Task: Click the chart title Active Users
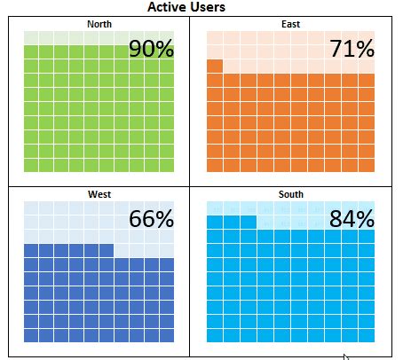(x=186, y=8)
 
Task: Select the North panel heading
(x=99, y=24)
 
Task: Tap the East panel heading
(x=289, y=24)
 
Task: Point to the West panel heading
(x=99, y=194)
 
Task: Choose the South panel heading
(x=289, y=194)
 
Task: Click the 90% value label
(x=152, y=49)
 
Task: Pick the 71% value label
(x=352, y=49)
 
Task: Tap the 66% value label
(x=152, y=219)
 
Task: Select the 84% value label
(x=352, y=219)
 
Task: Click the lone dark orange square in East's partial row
(x=215, y=66)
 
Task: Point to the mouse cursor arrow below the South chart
(x=346, y=356)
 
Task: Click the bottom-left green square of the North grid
(x=31, y=165)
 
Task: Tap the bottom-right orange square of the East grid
(x=367, y=165)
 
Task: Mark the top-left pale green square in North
(x=31, y=37)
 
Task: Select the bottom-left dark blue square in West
(x=31, y=335)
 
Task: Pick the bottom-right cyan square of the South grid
(x=367, y=335)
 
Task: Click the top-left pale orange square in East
(x=215, y=37)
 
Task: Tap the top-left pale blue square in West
(x=31, y=207)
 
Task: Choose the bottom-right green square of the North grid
(x=166, y=165)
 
